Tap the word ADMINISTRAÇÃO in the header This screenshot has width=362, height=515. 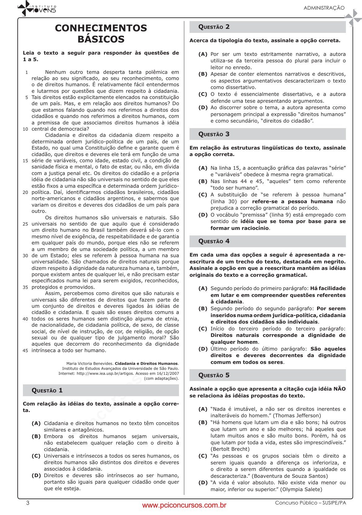324,8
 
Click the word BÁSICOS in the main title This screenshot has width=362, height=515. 101,39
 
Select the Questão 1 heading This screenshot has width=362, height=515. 47,390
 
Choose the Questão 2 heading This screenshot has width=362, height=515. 214,27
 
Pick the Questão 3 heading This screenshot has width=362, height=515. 214,134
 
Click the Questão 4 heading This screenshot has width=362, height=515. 214,241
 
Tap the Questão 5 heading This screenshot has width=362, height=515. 214,375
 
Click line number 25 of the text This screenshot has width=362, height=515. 25,224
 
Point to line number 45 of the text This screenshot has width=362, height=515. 25,351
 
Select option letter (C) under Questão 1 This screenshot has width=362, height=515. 36,456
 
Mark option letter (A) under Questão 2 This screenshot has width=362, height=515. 203,54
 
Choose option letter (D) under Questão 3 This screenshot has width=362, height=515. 203,215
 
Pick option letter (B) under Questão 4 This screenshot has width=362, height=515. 203,309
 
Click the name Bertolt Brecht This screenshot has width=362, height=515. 230,449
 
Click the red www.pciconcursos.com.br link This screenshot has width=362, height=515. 184,505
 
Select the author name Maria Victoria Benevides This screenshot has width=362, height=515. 90,364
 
